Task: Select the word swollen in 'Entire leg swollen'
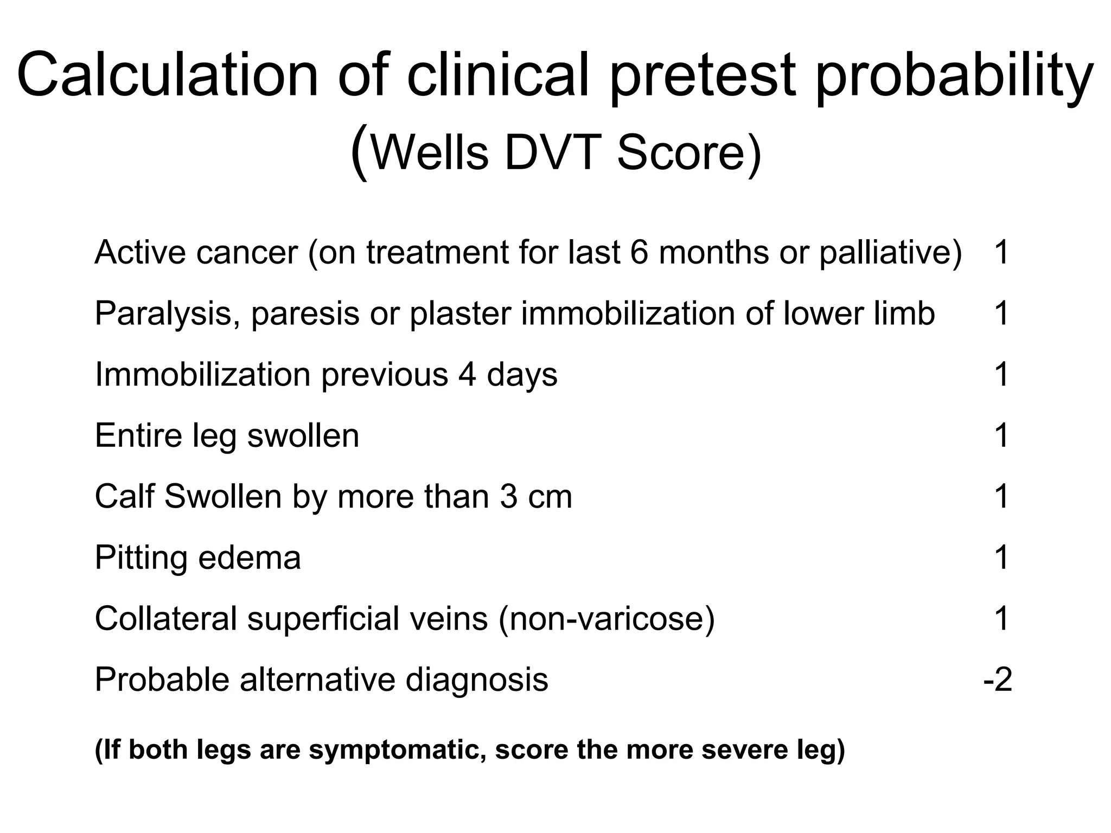(303, 435)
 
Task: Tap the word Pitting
(140, 558)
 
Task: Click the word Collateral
(166, 618)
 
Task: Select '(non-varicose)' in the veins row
(606, 618)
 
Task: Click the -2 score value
(998, 680)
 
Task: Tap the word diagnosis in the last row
(477, 680)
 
